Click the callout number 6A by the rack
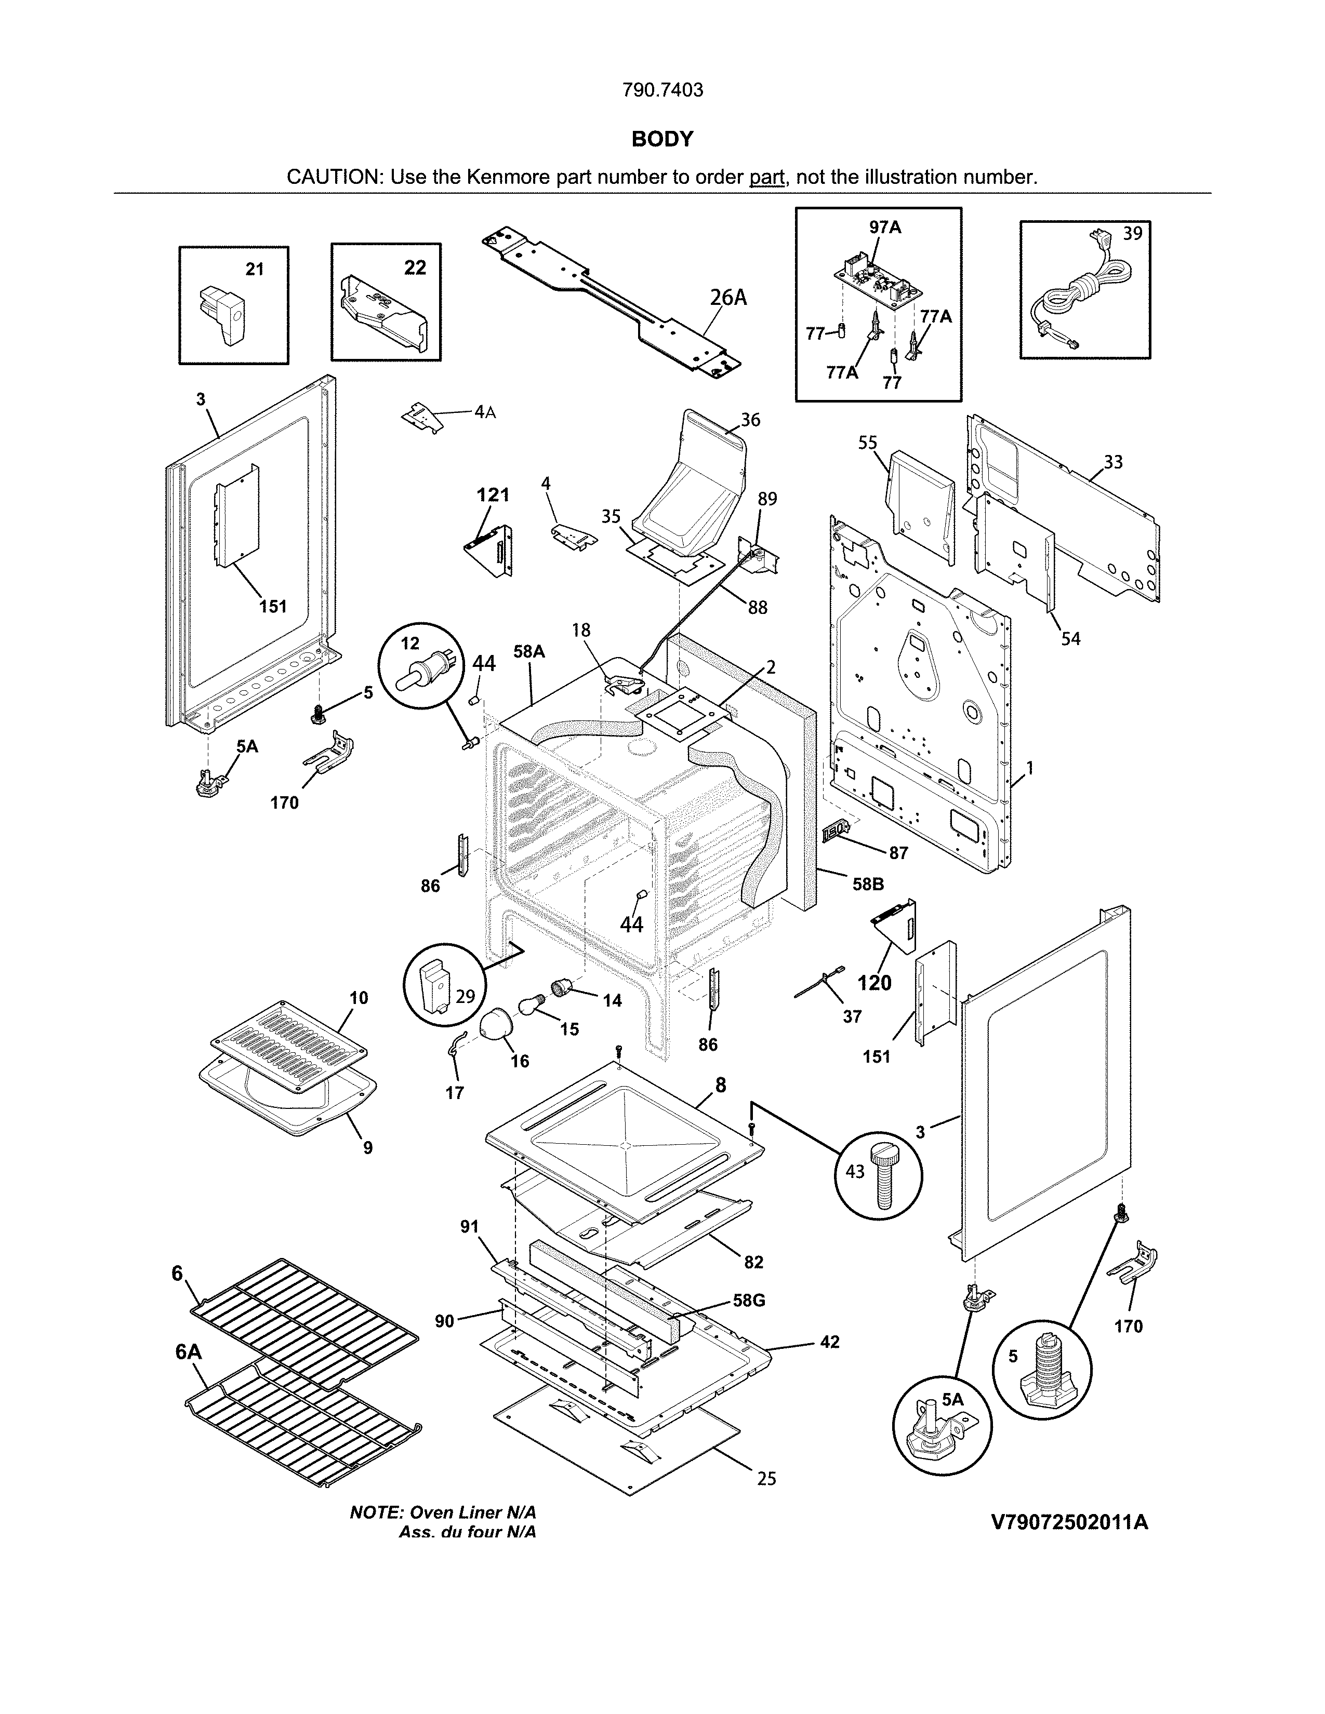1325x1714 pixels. click(x=189, y=1352)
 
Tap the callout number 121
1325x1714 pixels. click(x=493, y=494)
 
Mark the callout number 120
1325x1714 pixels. click(x=875, y=983)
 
